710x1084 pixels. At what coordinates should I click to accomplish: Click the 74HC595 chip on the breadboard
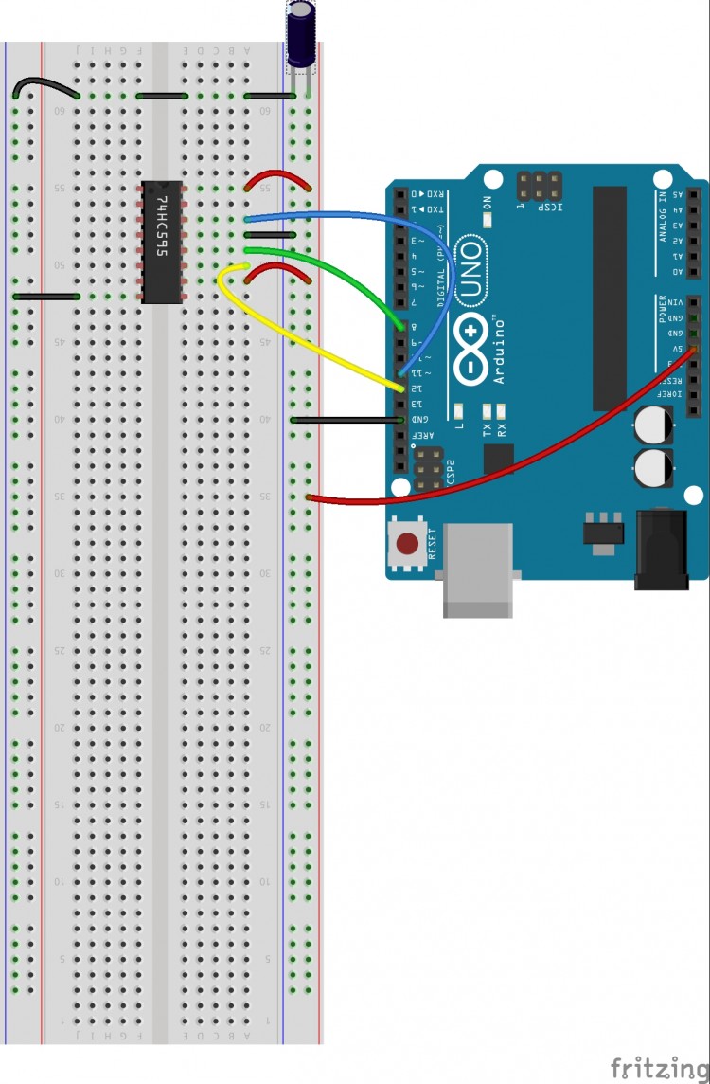point(161,242)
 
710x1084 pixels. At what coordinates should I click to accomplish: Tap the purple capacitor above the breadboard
point(301,35)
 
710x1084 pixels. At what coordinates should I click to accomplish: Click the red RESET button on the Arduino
point(408,544)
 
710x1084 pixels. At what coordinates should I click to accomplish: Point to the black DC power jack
point(661,550)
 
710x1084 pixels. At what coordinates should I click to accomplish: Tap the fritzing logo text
point(659,1067)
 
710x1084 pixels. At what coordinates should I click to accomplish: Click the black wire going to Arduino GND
point(346,419)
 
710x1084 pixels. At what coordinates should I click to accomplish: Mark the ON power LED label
point(487,202)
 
